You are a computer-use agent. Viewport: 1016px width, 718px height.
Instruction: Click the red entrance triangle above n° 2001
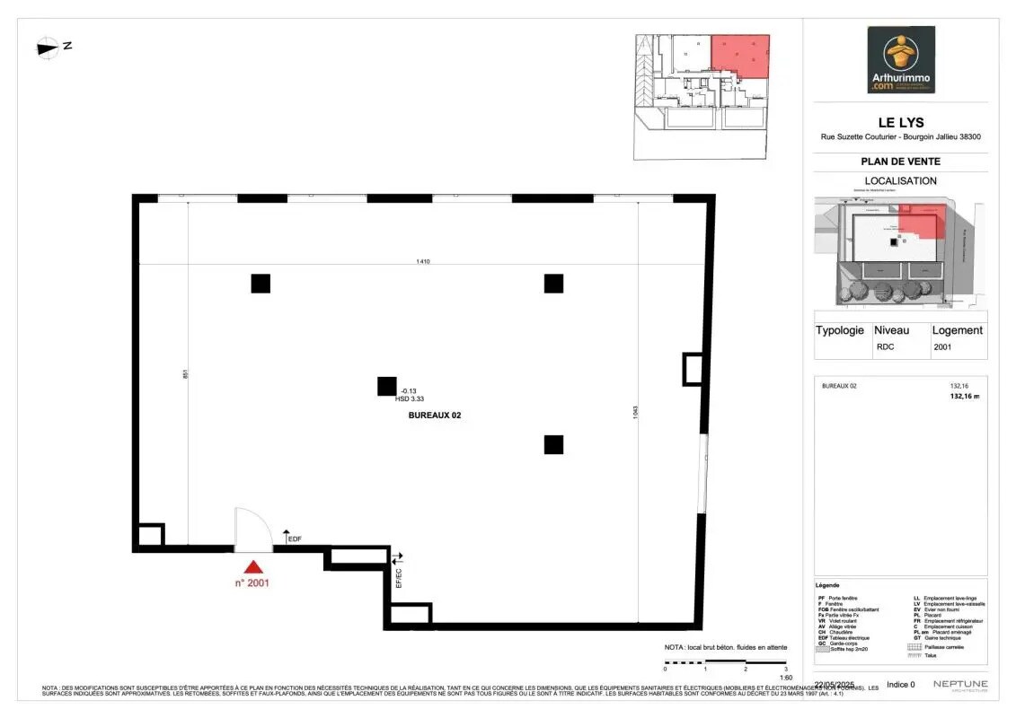254,566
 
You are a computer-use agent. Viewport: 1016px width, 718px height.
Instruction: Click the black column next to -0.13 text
386,387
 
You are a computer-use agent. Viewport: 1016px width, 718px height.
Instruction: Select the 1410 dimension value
422,261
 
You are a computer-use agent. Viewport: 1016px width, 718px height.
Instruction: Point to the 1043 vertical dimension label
635,412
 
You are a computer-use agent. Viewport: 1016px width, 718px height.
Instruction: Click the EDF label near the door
294,539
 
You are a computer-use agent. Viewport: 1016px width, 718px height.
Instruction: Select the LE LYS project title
900,123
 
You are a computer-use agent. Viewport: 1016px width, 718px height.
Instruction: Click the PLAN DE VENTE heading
900,162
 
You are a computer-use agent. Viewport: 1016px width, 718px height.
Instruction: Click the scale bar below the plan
725,661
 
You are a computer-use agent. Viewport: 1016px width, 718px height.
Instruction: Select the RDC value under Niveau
885,346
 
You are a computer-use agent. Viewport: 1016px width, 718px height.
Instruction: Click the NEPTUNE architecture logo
959,686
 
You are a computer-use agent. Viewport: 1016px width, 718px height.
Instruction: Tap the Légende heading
829,585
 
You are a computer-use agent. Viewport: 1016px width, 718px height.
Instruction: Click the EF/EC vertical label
399,578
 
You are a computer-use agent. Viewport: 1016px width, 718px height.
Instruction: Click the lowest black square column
553,444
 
